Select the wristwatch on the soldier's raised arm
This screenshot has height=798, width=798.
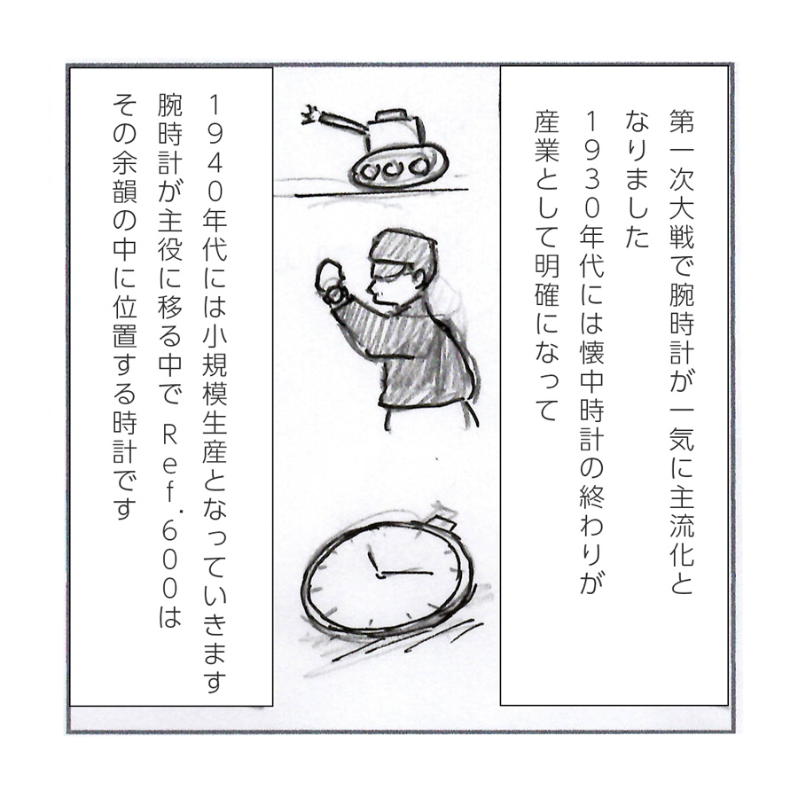(x=334, y=293)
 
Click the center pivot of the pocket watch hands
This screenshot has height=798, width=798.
(x=378, y=575)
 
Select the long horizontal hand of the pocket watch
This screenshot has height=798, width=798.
(x=405, y=574)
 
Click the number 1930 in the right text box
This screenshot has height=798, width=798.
(x=591, y=165)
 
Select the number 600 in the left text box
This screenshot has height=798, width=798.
(x=169, y=559)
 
